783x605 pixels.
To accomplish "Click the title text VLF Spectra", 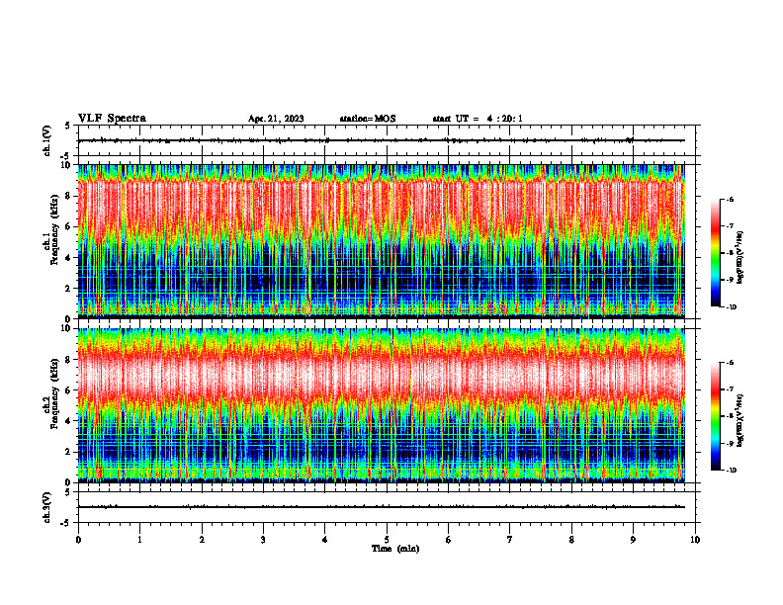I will pos(112,119).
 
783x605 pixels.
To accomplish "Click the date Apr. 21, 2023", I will pos(276,119).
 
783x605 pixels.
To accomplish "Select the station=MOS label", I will pos(368,119).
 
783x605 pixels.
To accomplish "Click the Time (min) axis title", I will pos(394,548).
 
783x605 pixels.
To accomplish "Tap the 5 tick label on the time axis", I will pos(387,540).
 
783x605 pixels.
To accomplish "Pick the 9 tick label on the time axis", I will pos(634,540).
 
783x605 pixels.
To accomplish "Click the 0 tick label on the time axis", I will pos(78,540).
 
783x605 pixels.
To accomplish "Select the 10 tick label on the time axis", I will pos(695,540).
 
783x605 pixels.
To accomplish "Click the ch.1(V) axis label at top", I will pos(47,140).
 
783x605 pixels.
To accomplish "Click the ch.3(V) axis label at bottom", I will pos(47,506).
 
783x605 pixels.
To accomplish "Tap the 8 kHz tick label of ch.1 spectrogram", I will pos(68,196).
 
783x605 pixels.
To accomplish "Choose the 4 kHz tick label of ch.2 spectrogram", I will pos(68,421).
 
